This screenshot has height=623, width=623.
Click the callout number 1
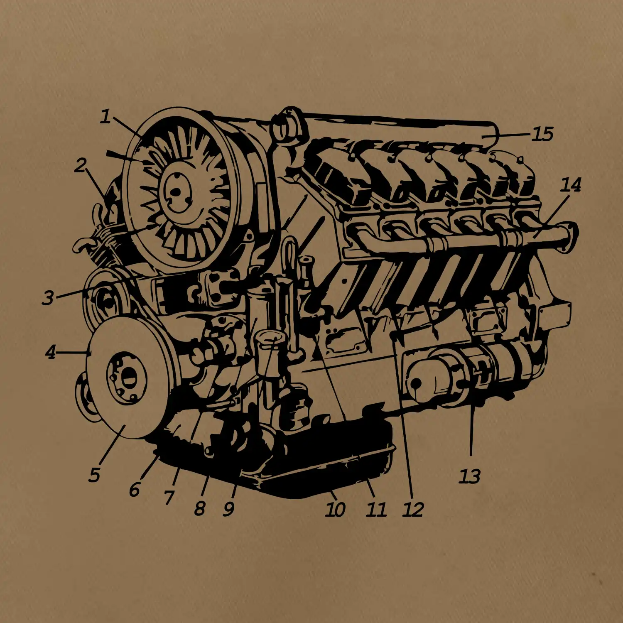pos(106,117)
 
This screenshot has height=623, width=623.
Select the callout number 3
pos(48,298)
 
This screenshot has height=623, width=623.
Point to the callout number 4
pos(50,352)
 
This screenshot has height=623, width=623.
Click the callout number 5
pos(94,475)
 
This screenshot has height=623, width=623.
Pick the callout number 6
pos(134,490)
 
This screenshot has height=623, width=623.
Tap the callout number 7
pos(169,497)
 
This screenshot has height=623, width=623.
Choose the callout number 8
pos(200,508)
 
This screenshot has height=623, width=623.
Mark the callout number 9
pos(229,509)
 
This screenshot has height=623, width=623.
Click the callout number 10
pos(335,509)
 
